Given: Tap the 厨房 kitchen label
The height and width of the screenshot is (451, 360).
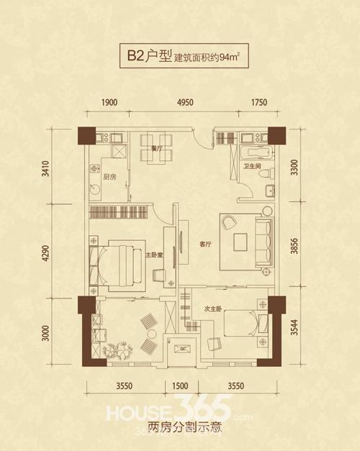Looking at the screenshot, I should [109, 176].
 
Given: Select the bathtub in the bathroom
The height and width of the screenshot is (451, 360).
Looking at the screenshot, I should [256, 152].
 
